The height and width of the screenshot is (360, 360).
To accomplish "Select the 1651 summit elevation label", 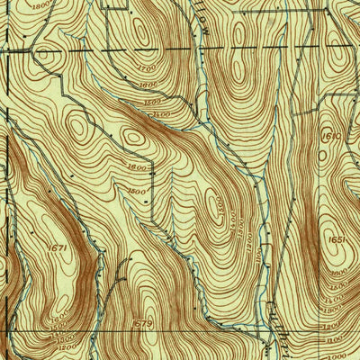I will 337,240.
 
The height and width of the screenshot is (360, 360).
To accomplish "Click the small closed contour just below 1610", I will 323,155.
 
